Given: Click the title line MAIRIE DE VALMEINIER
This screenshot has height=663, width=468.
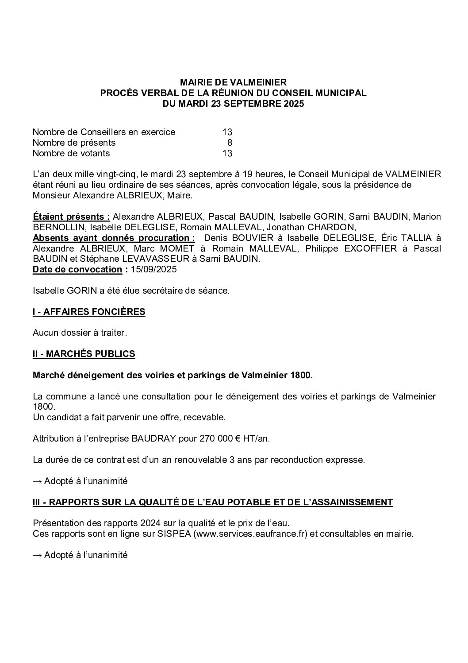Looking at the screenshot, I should point(234,82).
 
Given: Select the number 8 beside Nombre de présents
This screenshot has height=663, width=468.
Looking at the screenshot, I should point(230,143).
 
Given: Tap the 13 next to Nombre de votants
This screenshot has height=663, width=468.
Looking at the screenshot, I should point(227,153).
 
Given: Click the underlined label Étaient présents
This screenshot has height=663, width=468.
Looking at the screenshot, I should point(71,217).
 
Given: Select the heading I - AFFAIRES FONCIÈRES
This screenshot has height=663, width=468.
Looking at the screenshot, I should point(89,312).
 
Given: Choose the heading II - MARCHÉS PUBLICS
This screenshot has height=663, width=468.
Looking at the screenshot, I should point(84,354).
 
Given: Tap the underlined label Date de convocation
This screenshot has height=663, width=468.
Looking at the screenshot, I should point(77,269).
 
